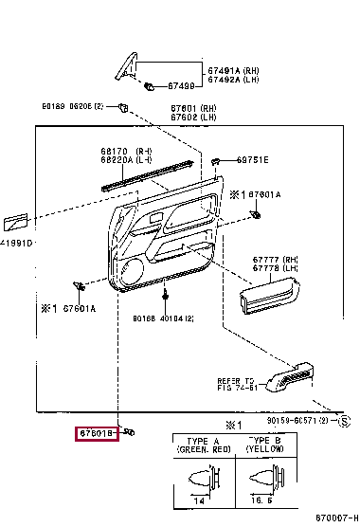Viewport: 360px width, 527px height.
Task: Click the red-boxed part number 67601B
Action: (x=96, y=434)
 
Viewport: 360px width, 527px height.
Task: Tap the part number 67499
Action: (x=182, y=86)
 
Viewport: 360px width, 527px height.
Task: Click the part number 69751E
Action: (x=252, y=160)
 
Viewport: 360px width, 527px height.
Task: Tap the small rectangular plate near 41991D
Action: (x=15, y=223)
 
